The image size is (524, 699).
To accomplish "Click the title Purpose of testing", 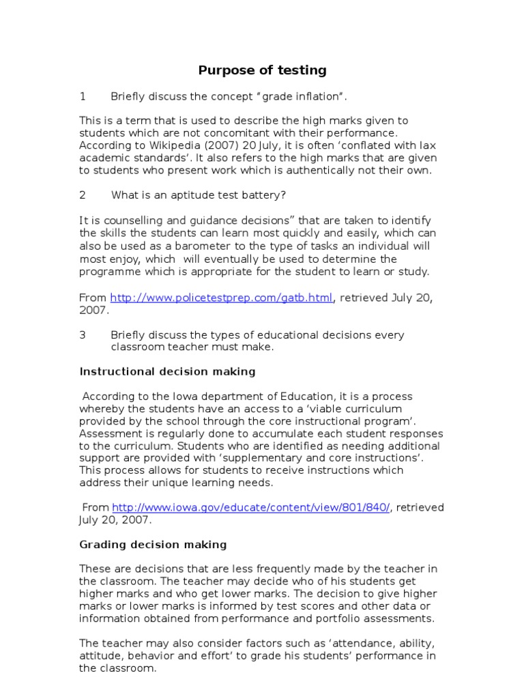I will [x=262, y=70].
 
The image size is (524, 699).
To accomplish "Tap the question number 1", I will [x=83, y=97].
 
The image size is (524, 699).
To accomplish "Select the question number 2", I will [x=83, y=195].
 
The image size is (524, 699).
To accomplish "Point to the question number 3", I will [x=83, y=335].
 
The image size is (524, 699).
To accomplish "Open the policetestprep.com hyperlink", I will [x=222, y=298].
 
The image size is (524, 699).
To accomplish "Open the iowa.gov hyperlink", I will [x=251, y=507].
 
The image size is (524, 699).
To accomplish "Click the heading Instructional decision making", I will [x=167, y=372].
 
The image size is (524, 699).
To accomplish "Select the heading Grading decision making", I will [x=153, y=545].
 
